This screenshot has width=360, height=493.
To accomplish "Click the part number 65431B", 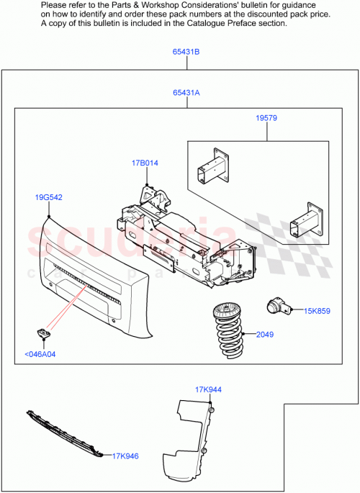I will [x=186, y=52].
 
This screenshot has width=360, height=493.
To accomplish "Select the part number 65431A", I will [x=186, y=93].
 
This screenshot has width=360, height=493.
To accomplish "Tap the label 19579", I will [x=266, y=118].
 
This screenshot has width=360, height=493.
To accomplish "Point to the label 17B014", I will [x=145, y=163].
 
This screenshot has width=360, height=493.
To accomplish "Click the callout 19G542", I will [x=48, y=196].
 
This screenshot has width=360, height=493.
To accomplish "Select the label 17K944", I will [x=209, y=389].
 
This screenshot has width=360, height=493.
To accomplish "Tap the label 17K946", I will [x=125, y=456].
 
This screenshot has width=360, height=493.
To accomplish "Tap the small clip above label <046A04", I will [x=43, y=333].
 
